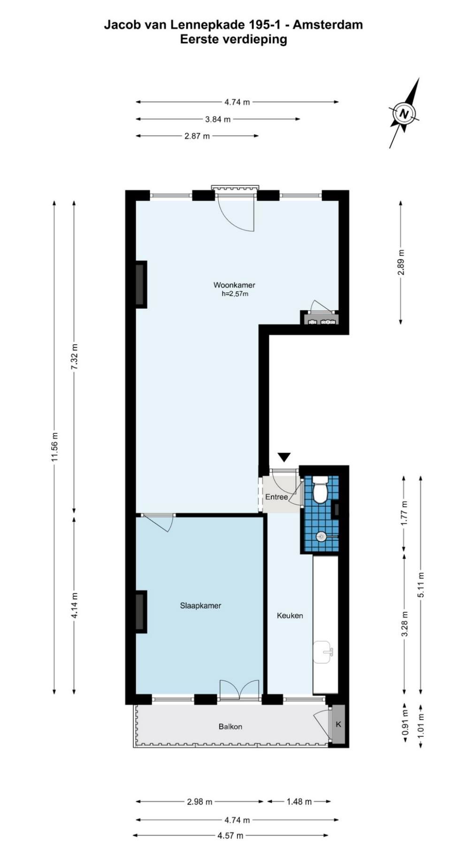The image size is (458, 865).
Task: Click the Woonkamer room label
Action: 234,285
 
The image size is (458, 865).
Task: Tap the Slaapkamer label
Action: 200,606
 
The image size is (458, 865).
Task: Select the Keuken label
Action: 290,615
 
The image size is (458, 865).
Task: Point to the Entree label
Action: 276,497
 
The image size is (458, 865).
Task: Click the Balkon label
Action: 230,727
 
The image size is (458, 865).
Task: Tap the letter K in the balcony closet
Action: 338,724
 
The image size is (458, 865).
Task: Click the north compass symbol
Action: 404,113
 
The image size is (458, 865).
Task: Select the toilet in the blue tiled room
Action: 321,490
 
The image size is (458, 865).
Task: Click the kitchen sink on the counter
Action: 323,652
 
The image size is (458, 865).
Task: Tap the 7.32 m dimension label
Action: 74,357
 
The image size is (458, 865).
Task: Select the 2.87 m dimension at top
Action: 197,136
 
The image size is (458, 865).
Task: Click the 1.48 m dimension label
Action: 299,802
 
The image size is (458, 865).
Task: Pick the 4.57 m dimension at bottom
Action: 230,835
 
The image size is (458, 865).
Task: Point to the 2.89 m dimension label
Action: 400,263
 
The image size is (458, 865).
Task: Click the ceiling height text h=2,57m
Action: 235,294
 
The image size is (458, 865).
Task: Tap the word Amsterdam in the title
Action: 328,24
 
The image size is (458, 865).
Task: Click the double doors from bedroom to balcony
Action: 239,690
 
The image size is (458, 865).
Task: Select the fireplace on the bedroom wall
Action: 140,611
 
